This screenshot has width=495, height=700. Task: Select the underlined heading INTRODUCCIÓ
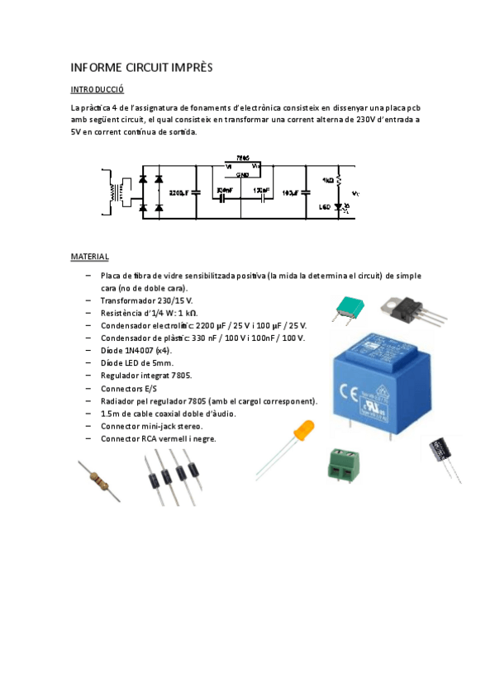tap(97, 89)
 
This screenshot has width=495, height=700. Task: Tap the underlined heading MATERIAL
tap(89, 257)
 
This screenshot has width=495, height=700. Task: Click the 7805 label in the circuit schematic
tap(241, 157)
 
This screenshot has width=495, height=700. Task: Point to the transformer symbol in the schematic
tap(113, 192)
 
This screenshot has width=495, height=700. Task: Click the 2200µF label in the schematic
tap(179, 192)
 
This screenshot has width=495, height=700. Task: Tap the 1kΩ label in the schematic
tap(327, 179)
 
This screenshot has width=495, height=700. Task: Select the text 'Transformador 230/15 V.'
tap(146, 301)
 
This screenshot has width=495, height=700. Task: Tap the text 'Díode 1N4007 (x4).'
tap(136, 350)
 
